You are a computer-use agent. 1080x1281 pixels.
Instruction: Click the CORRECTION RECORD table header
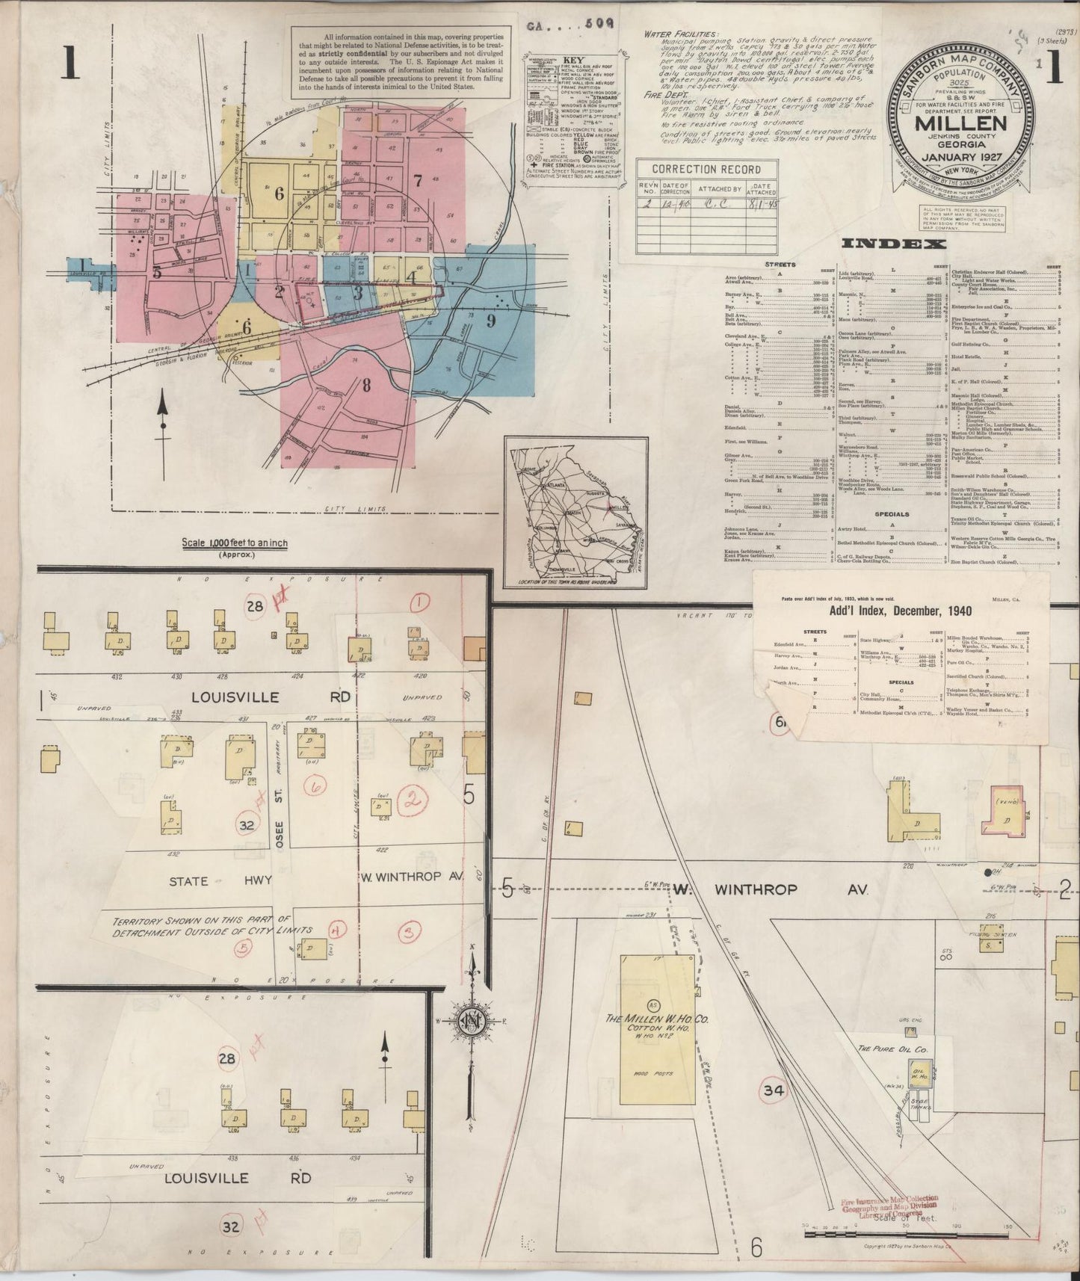point(695,169)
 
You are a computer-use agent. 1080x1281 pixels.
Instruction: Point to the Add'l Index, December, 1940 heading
point(901,611)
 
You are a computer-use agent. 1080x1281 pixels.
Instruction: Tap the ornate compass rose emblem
point(473,1021)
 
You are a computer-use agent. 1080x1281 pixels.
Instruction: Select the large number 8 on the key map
point(366,386)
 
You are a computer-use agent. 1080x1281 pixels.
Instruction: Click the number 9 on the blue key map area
point(491,321)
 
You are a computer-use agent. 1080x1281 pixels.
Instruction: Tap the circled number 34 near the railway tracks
point(772,1090)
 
